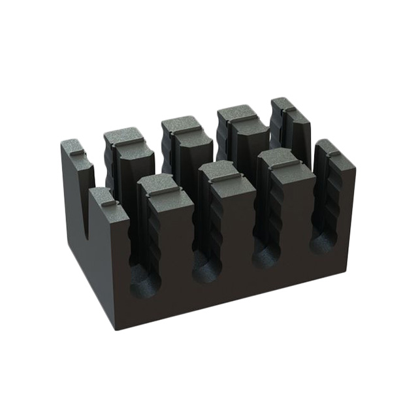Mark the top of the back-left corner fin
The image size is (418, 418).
coord(74,148)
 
